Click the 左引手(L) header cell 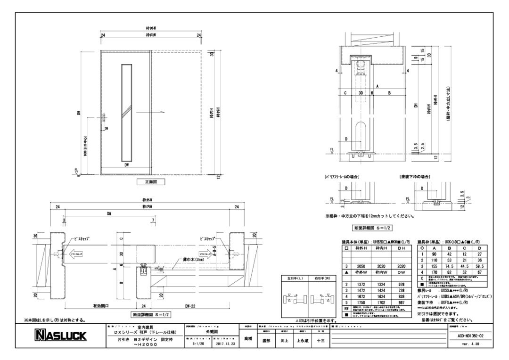(295, 279)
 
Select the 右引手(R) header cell (322, 279)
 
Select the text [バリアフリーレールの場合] (340, 176)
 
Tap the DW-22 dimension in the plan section (189, 306)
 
